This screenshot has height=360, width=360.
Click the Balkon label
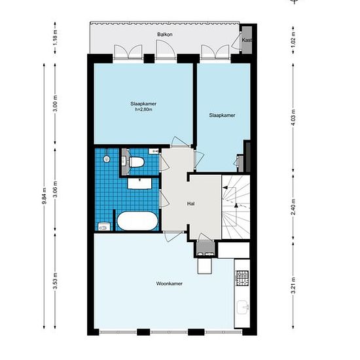click(x=165, y=35)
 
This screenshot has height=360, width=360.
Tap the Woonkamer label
click(x=170, y=283)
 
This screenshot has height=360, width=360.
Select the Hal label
click(x=190, y=204)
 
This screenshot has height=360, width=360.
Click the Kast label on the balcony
click(x=247, y=40)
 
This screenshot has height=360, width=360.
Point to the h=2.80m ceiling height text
click(x=144, y=109)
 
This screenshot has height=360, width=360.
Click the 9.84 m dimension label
click(x=45, y=196)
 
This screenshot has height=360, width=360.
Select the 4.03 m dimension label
click(x=293, y=118)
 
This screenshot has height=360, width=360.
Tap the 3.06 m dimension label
click(x=55, y=189)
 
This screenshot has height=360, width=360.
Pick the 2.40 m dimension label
click(x=293, y=207)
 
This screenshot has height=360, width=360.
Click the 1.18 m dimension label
click(x=55, y=37)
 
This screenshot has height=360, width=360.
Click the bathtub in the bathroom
click(x=137, y=221)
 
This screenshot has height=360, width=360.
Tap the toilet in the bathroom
click(x=136, y=162)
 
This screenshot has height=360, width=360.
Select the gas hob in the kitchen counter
click(x=242, y=278)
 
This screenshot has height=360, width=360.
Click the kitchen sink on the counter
click(x=243, y=307)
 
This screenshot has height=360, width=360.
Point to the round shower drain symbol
click(x=106, y=158)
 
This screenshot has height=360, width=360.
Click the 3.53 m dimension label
click(x=55, y=281)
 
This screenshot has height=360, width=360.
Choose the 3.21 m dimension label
click(x=293, y=285)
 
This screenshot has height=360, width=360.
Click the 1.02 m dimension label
click(x=293, y=40)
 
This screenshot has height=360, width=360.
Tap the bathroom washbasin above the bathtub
click(x=139, y=183)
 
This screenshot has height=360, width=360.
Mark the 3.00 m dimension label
click(x=55, y=103)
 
